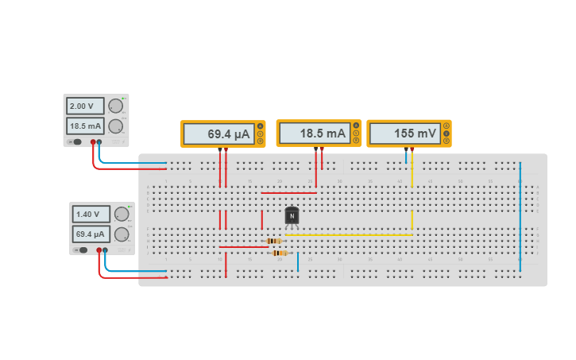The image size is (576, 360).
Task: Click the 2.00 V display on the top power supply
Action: pyautogui.click(x=85, y=106)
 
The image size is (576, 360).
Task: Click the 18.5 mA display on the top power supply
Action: pyautogui.click(x=85, y=126)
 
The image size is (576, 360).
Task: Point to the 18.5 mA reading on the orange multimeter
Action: pyautogui.click(x=314, y=134)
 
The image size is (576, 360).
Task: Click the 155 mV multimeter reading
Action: pyautogui.click(x=404, y=134)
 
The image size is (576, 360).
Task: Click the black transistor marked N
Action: pyautogui.click(x=292, y=215)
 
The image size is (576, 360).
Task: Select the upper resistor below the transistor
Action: pyautogui.click(x=273, y=241)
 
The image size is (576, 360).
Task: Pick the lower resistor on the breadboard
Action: pyautogui.click(x=279, y=253)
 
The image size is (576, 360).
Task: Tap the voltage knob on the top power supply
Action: pyautogui.click(x=116, y=106)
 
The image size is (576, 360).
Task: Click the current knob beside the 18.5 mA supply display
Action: pyautogui.click(x=116, y=126)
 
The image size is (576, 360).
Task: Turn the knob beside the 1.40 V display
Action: pyautogui.click(x=122, y=214)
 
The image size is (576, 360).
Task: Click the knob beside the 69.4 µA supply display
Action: pyautogui.click(x=122, y=234)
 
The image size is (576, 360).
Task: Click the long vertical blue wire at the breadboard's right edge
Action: pyautogui.click(x=520, y=215)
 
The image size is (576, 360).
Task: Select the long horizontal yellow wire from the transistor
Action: pyautogui.click(x=350, y=235)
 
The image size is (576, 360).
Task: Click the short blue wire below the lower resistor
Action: pyautogui.click(x=298, y=261)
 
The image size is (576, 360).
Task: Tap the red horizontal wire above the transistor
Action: pyautogui.click(x=288, y=192)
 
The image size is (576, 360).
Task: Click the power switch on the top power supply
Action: pyautogui.click(x=75, y=141)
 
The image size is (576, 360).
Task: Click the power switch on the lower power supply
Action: pyautogui.click(x=81, y=250)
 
